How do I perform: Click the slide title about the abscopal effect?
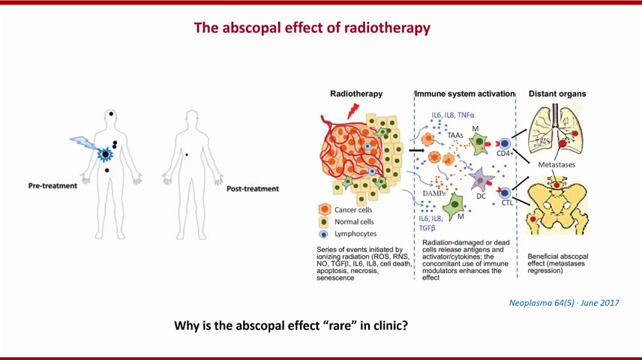click(312, 28)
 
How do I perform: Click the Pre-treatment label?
click(52, 185)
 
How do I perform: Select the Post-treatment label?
click(253, 189)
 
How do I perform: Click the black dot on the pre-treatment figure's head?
click(111, 114)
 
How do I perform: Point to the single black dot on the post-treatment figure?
click(187, 154)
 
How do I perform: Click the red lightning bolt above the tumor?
click(352, 110)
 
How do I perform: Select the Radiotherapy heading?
click(356, 94)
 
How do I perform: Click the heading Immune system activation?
click(465, 94)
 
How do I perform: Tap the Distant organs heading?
click(557, 94)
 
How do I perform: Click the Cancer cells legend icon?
click(324, 210)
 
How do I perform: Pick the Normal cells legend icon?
click(324, 222)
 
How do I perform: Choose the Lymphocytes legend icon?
click(324, 234)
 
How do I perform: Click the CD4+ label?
click(505, 154)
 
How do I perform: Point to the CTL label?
click(507, 202)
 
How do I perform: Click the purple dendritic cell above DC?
click(481, 179)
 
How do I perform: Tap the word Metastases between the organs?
click(556, 165)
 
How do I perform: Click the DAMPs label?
click(434, 193)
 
